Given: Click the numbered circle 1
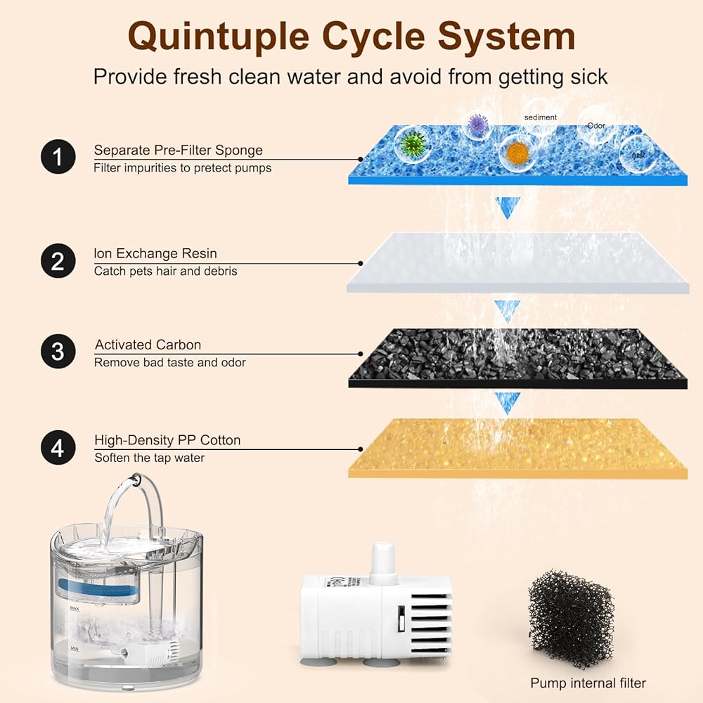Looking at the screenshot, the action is pos(58,157).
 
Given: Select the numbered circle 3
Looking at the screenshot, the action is pos(58,351).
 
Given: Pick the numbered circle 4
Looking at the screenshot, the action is pos(58,447).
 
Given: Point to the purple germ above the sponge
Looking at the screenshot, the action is pos(478,126).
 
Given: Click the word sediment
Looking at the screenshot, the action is pos(540,117).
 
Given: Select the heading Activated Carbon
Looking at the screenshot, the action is pos(148,345).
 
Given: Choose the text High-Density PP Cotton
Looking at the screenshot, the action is pos(167,441).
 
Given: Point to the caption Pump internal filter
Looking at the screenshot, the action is pos(588,683).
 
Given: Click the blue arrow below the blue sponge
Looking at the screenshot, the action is pos(507,208).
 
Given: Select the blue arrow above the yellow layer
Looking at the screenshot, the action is pos(507,402).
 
